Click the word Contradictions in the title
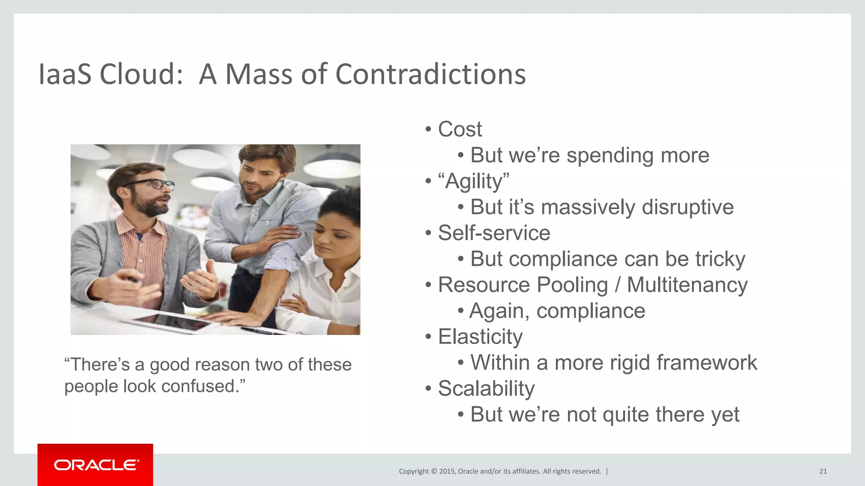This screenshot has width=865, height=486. pyautogui.click(x=430, y=74)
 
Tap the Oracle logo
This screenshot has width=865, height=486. pyautogui.click(x=96, y=465)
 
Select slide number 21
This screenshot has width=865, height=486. pyautogui.click(x=823, y=471)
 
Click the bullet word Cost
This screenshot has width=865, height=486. pyautogui.click(x=460, y=129)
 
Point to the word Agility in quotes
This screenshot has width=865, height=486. pyautogui.click(x=473, y=181)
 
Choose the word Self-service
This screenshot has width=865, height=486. pyautogui.click(x=494, y=233)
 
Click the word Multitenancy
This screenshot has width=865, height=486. pyautogui.click(x=687, y=285)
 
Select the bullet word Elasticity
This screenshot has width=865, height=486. pyautogui.click(x=480, y=337)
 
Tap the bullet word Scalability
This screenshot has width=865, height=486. pyautogui.click(x=486, y=389)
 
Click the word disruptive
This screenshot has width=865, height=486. pyautogui.click(x=687, y=207)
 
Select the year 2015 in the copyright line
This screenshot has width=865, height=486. pyautogui.click(x=447, y=471)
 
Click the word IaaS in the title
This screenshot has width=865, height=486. pyautogui.click(x=65, y=74)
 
